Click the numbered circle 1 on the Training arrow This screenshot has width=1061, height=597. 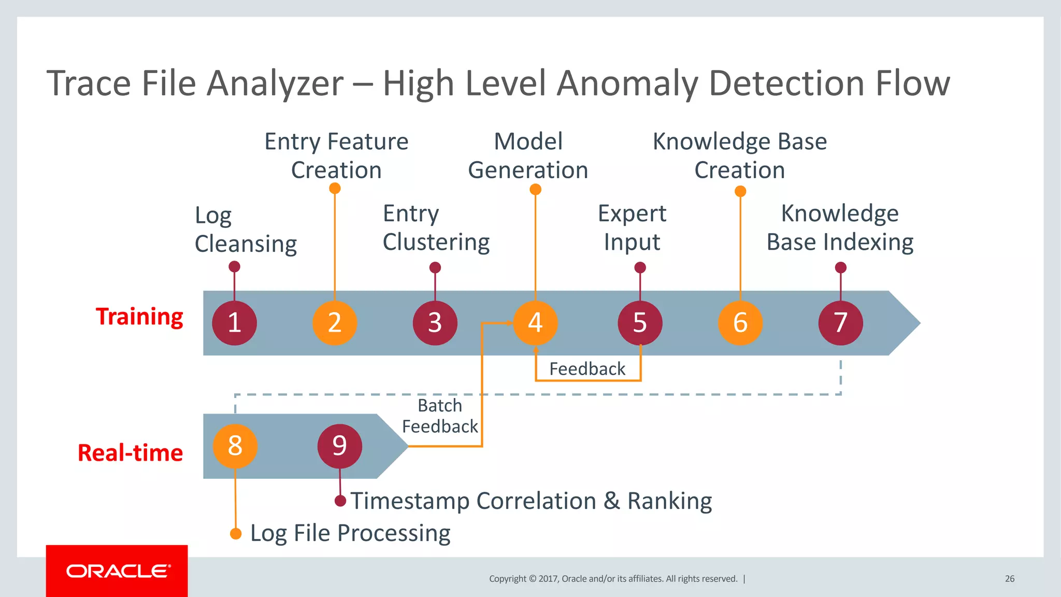point(234,323)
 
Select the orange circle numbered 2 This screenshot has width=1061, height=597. point(335,323)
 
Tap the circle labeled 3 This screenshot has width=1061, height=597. point(435,323)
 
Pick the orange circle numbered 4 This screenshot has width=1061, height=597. point(535,323)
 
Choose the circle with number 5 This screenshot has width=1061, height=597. point(640,323)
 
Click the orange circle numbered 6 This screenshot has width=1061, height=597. point(740,323)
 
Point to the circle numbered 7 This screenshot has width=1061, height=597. point(840,323)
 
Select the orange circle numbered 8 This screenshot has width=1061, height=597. point(235,446)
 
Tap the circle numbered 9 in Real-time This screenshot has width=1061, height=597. point(339,446)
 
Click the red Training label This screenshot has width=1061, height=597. point(139,317)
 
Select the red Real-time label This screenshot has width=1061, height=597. point(130,453)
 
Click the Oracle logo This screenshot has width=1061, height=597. point(117,571)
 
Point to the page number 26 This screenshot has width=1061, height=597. point(1010,579)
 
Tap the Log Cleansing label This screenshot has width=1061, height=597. point(246,230)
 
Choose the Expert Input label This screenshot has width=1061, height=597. point(632,228)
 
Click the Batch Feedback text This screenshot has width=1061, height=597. point(440,416)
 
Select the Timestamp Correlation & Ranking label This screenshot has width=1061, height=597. point(531,501)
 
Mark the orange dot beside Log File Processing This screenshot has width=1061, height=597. point(236,534)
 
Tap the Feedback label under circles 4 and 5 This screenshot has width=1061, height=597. point(587,369)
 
